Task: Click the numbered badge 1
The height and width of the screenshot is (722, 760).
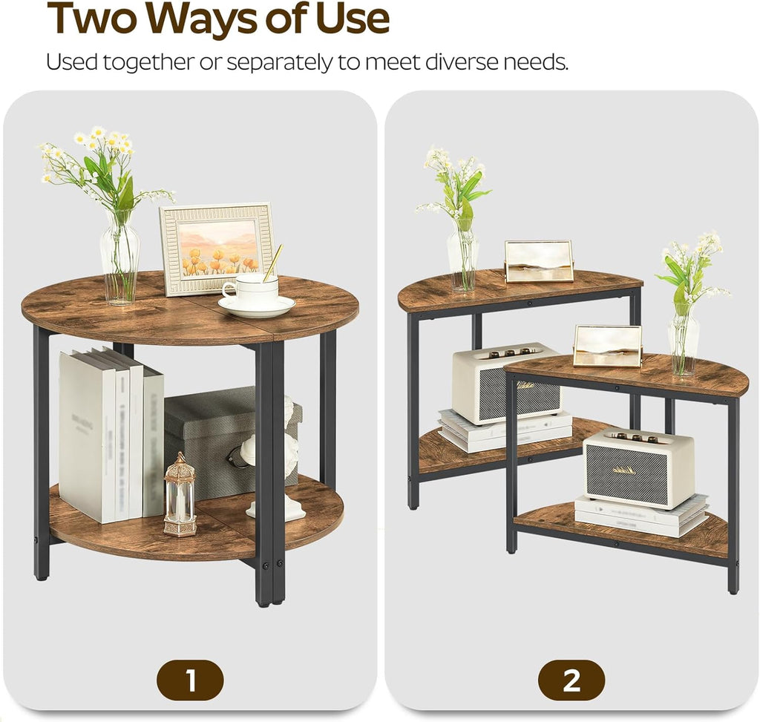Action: click(x=189, y=680)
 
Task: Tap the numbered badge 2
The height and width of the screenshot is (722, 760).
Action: click(x=571, y=680)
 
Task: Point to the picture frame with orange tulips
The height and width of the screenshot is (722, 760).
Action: click(x=217, y=248)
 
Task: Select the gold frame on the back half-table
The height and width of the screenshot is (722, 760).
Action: click(x=539, y=261)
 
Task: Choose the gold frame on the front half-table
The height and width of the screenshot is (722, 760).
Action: click(x=608, y=346)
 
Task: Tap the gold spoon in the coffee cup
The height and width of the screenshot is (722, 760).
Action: click(x=272, y=263)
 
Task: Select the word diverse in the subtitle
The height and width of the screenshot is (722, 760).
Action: click(x=463, y=62)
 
